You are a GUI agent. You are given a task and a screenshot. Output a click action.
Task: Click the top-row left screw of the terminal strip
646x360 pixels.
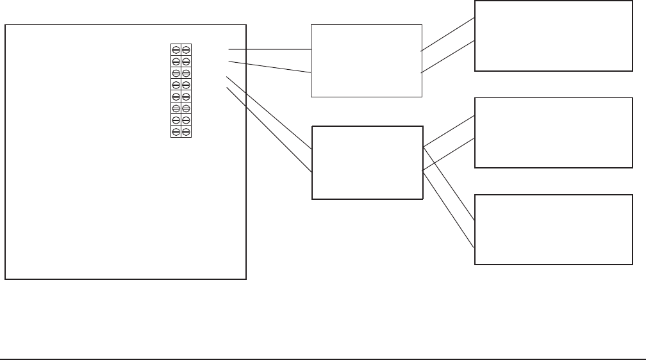click(x=176, y=49)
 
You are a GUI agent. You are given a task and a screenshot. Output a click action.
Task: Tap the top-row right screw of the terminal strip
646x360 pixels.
click(x=186, y=49)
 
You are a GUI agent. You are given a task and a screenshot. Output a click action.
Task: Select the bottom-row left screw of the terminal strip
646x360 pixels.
click(x=176, y=132)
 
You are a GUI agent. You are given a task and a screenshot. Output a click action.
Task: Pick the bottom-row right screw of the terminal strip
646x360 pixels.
click(x=186, y=132)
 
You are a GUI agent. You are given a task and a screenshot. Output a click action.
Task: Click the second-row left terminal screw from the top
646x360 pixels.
click(x=176, y=61)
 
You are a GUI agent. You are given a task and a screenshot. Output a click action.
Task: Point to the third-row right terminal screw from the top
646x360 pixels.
click(x=186, y=73)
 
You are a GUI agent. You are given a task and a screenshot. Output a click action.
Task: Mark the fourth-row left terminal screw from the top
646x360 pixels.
click(x=176, y=85)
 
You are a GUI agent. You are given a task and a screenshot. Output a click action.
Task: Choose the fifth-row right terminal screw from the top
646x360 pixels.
click(x=186, y=97)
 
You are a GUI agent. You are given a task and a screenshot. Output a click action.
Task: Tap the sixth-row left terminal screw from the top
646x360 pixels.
click(x=176, y=108)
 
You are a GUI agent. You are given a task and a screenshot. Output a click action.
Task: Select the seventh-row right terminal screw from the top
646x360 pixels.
click(x=186, y=120)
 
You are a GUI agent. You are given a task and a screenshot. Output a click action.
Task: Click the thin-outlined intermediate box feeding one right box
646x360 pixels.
click(x=367, y=61)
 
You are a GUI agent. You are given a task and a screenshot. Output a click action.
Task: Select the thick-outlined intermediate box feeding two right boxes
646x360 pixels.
click(x=367, y=163)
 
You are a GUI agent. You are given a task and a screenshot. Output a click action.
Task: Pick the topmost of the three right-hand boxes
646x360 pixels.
click(x=553, y=36)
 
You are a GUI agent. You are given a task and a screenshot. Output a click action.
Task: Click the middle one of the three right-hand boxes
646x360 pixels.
click(x=553, y=133)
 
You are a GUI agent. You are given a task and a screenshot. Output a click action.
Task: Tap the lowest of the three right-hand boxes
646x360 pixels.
click(x=553, y=229)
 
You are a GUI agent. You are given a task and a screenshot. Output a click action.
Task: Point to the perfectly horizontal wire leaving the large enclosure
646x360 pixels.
click(x=269, y=49)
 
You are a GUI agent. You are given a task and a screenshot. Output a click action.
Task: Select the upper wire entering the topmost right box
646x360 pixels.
click(x=448, y=34)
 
